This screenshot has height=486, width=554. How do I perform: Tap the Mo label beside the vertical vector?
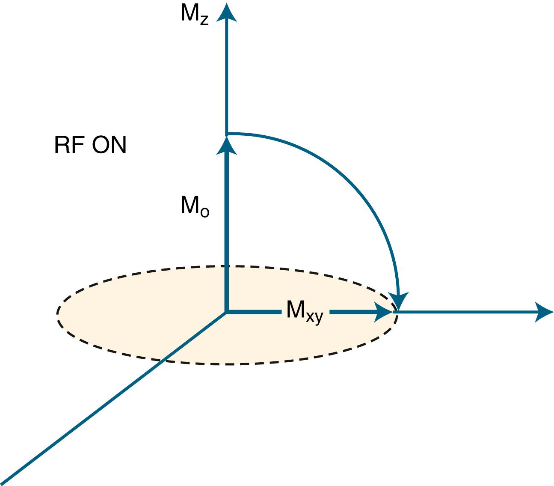195,206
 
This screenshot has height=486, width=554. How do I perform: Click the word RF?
68,146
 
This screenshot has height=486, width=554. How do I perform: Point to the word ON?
110,146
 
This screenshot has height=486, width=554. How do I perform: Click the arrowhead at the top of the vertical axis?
226,11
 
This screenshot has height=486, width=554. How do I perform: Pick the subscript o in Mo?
204,212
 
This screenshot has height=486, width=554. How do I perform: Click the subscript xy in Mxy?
314,317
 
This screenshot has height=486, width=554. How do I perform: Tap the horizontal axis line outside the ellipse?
462,313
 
